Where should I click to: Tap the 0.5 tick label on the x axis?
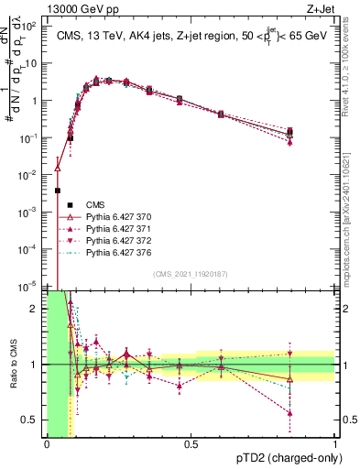(x=191, y=445)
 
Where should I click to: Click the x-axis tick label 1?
(x=334, y=445)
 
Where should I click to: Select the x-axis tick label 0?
(x=47, y=445)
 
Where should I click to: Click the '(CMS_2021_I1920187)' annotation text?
(x=191, y=275)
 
